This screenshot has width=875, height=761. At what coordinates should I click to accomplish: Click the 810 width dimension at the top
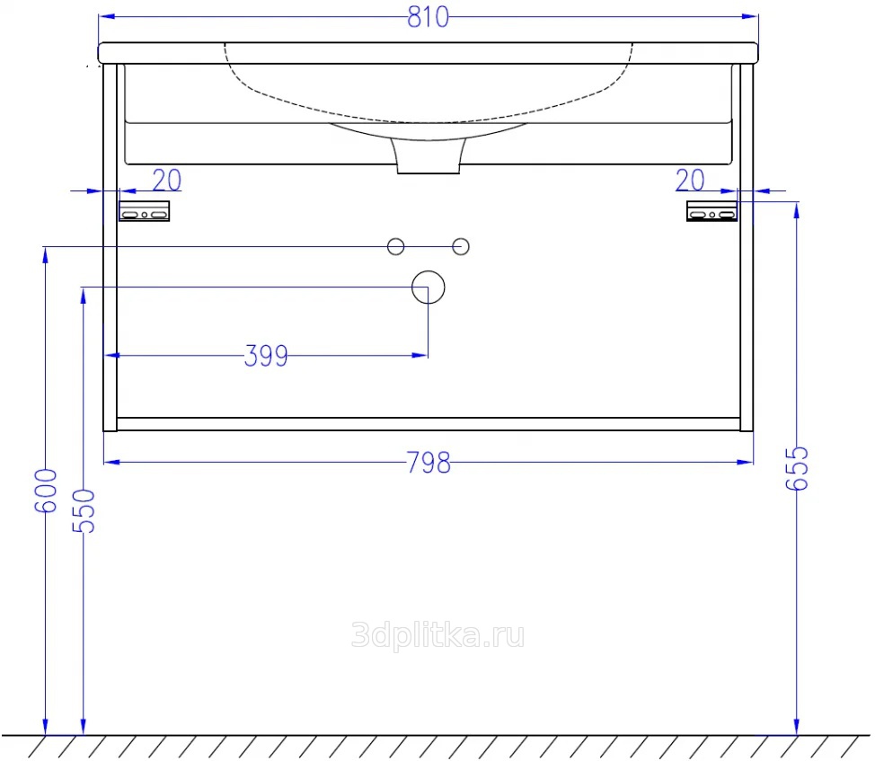(428, 17)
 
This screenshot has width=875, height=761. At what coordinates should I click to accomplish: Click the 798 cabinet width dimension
(429, 463)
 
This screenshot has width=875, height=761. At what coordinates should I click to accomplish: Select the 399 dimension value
(266, 356)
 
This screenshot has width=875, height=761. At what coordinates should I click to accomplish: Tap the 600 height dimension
(46, 491)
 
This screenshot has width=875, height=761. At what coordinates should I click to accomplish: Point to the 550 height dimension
(84, 510)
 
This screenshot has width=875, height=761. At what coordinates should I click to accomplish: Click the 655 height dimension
(797, 468)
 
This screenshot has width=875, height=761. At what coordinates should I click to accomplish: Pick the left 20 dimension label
(167, 181)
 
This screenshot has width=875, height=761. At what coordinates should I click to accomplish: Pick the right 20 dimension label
(690, 181)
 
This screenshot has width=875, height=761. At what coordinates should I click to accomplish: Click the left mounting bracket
(144, 211)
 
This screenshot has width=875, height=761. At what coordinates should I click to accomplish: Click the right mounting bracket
(712, 211)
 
